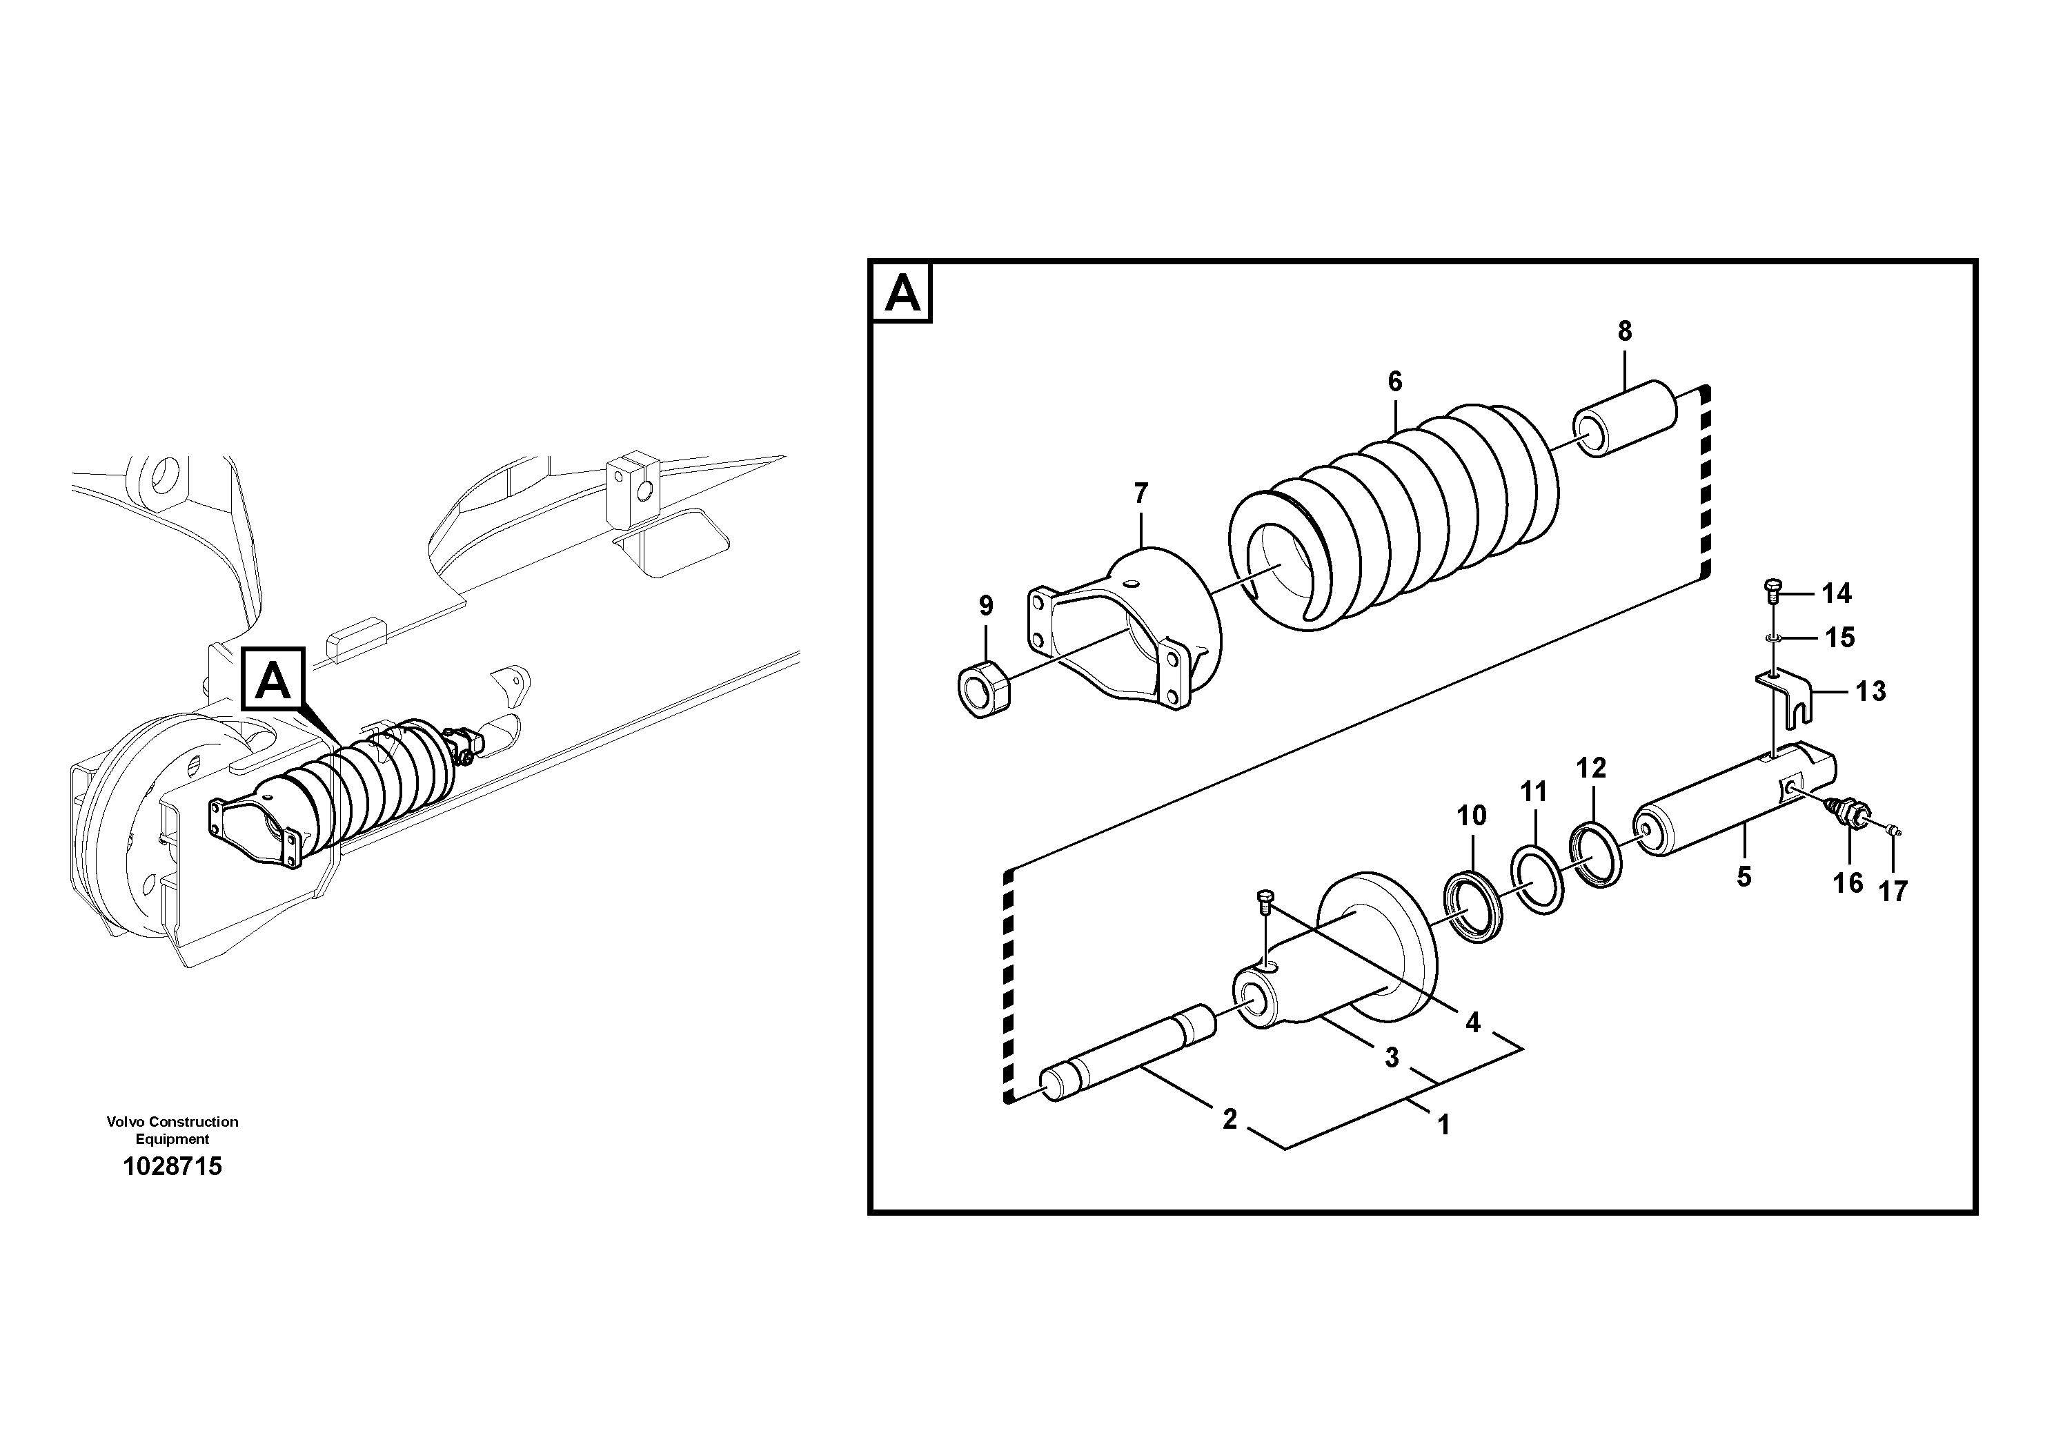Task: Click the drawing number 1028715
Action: coord(172,1167)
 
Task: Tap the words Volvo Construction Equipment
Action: coord(172,1130)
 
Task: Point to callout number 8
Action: coord(1625,331)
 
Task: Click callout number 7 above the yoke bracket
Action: coord(1140,493)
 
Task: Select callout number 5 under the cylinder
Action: coord(1744,877)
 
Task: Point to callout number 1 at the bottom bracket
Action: coord(1442,1125)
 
